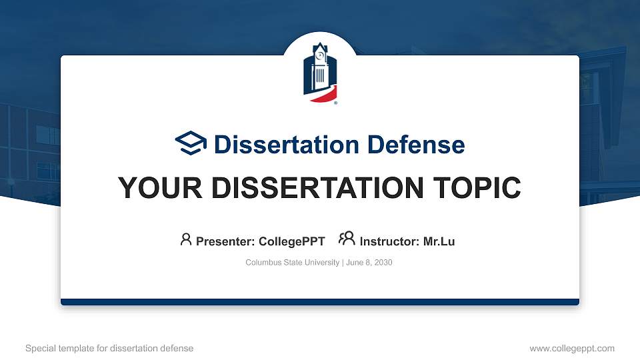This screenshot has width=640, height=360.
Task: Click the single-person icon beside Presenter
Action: [186, 239]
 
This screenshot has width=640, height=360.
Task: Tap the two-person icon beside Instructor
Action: [347, 239]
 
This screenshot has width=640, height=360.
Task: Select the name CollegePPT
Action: [291, 241]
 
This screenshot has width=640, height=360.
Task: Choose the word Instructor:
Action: [389, 241]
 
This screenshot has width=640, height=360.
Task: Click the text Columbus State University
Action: [292, 263]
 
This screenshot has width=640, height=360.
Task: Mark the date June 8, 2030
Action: [369, 263]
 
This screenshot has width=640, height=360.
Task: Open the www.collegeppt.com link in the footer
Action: [571, 348]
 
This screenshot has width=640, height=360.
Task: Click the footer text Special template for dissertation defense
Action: [109, 348]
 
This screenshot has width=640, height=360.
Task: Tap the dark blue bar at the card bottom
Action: [320, 302]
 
